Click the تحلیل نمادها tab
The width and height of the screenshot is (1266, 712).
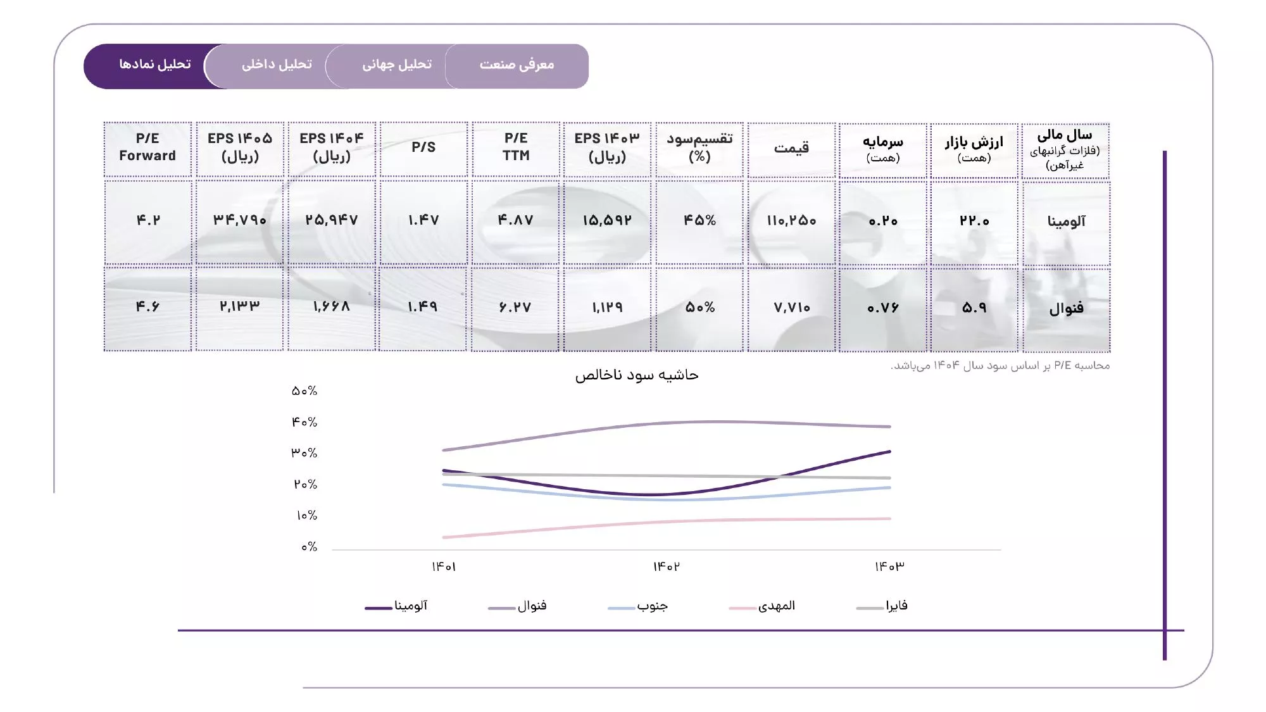coord(154,65)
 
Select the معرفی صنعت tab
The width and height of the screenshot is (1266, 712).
coord(517,65)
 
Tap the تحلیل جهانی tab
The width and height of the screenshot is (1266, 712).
coord(397,65)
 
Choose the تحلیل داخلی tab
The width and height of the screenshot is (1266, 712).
coord(277,65)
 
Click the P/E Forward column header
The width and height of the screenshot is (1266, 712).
coord(147,147)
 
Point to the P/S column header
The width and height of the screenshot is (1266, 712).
coord(423,147)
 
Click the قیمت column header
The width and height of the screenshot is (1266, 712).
coord(791,148)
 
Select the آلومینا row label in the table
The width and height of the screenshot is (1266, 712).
coord(1066,221)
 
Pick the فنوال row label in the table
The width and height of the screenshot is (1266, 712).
coord(1066,308)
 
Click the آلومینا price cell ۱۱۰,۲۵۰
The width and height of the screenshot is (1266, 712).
coord(791,221)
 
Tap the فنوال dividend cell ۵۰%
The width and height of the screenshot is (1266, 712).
coord(699,308)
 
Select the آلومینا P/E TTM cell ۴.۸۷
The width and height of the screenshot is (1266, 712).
coord(515,220)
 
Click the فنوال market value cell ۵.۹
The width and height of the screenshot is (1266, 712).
coord(974,308)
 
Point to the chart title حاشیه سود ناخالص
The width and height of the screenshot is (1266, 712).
coord(636,375)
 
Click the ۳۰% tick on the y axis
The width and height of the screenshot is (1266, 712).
coord(304,453)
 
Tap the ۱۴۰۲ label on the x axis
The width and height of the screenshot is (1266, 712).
coord(666,566)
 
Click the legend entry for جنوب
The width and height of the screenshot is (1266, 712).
coord(651,606)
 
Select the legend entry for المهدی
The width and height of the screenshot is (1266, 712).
coord(775,606)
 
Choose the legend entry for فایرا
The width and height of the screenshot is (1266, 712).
coord(896,606)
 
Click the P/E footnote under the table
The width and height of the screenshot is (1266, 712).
coord(1000,366)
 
